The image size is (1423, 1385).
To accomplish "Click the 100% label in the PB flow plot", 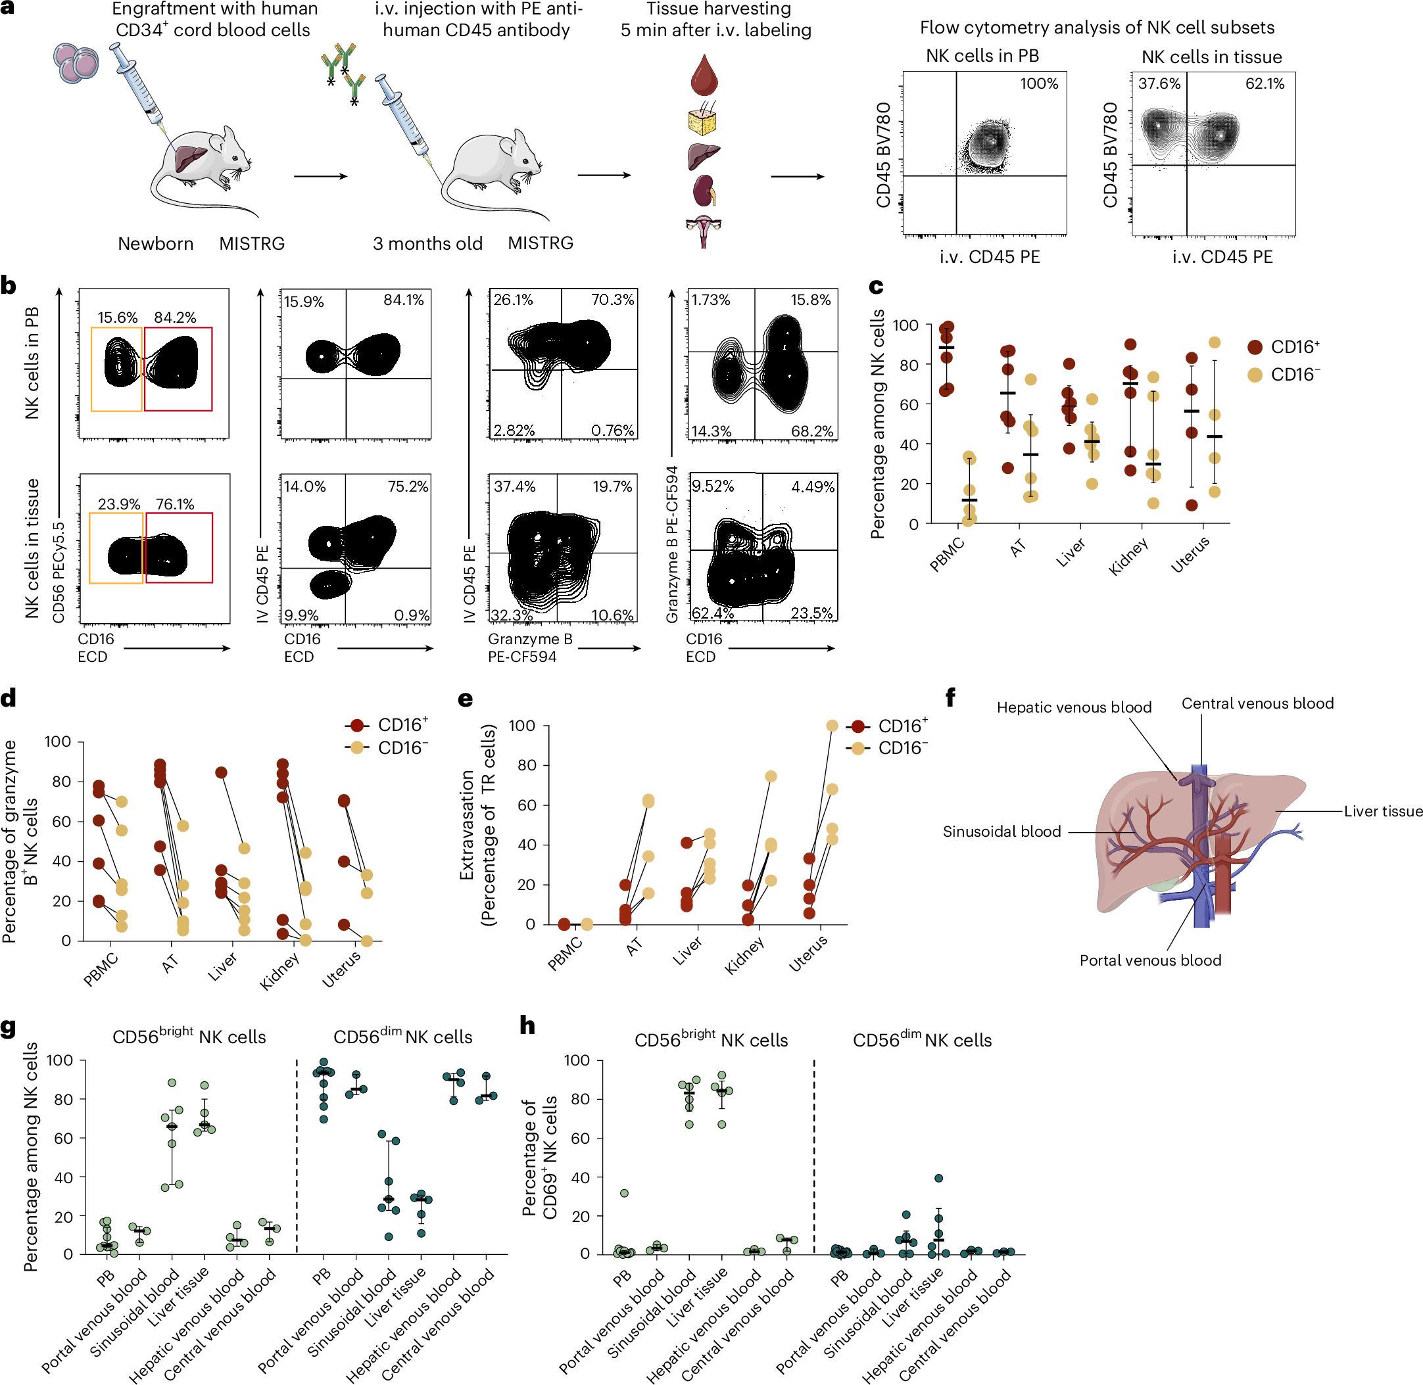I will (1038, 83).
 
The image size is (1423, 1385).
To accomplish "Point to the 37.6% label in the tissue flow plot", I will (1159, 83).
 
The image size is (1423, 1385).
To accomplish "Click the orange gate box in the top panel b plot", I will (116, 369).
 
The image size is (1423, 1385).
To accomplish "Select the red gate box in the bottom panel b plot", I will (179, 548).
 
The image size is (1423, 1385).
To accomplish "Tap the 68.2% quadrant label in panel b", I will (812, 431).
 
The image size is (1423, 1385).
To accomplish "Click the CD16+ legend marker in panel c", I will (1254, 347).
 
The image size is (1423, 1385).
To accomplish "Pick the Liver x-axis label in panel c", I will (1070, 553).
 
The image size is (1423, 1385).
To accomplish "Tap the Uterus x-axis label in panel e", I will (808, 954).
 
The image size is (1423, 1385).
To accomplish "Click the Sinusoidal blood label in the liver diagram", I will (1001, 832).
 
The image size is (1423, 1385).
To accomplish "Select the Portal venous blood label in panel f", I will (1149, 960).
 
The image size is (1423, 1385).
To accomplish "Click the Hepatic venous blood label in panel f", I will (1074, 707).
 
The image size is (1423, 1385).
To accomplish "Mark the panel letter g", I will (9, 1027).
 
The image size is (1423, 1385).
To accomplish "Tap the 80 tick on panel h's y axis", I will (579, 1099).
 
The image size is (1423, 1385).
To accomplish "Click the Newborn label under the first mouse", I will (156, 244).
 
